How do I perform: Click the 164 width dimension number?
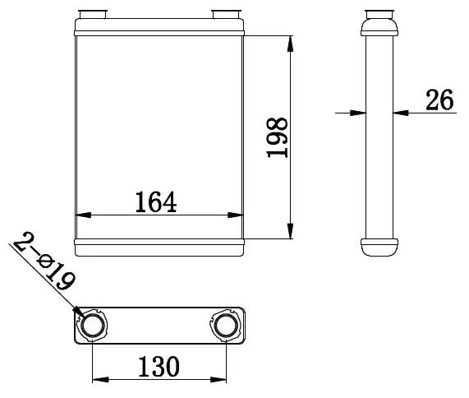156,202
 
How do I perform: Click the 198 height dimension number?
277,137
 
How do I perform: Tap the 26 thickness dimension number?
439,99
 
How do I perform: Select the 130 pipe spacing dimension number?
159,366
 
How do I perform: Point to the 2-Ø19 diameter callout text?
44,261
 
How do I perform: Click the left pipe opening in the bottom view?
93,326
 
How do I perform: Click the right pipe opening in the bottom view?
225,326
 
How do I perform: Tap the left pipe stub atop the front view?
93,14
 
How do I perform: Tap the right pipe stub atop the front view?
226,14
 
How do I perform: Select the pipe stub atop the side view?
379,14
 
